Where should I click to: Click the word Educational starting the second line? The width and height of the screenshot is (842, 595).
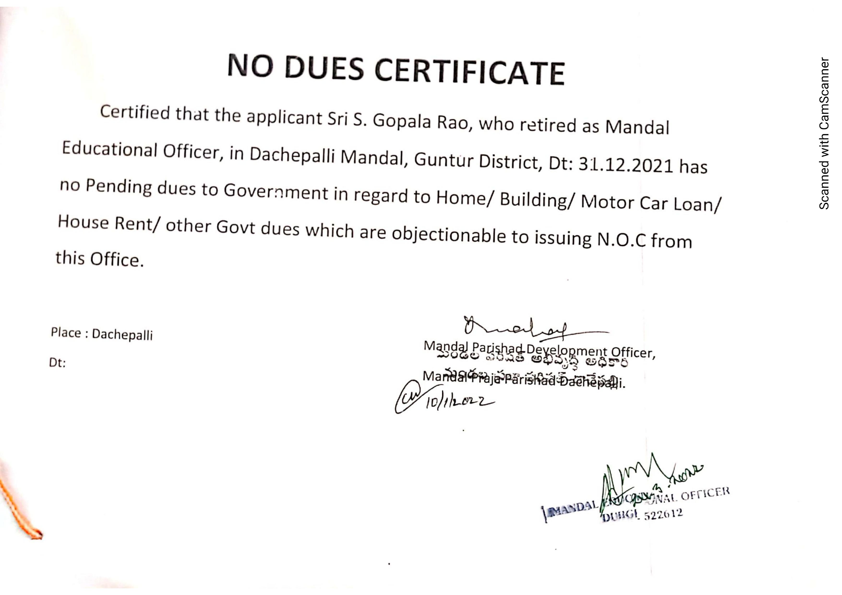(109, 149)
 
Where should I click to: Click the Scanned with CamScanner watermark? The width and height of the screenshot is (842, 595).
(824, 134)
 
